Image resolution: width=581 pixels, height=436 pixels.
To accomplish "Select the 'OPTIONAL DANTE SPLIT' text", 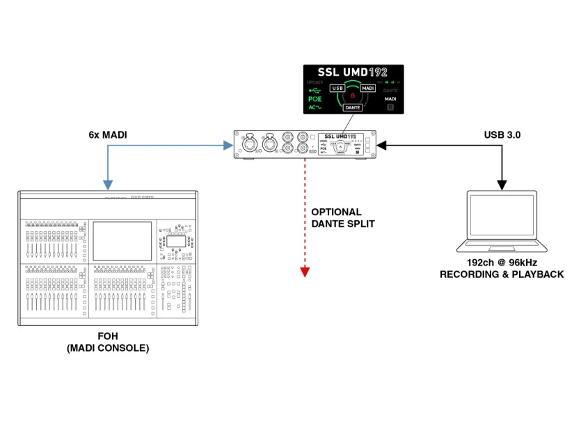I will click(x=336, y=217).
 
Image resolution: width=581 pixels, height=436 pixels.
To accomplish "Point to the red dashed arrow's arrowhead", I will click(x=305, y=272).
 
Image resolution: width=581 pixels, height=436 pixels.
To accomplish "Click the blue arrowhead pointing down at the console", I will click(x=108, y=185).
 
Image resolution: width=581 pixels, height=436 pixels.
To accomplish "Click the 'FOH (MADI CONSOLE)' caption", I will click(x=108, y=341).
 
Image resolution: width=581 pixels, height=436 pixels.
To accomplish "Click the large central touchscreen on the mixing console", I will click(x=123, y=240).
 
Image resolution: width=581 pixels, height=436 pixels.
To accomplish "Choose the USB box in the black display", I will click(x=338, y=88).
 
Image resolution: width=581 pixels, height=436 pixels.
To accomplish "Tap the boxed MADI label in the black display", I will click(x=368, y=88).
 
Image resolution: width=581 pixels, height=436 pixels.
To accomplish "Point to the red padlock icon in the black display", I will click(x=353, y=95).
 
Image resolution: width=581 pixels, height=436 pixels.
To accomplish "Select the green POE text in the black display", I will click(x=315, y=99).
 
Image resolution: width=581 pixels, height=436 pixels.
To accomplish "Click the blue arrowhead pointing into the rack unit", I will click(x=228, y=146).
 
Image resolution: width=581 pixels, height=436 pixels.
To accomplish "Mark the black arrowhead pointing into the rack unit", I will click(x=381, y=146).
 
